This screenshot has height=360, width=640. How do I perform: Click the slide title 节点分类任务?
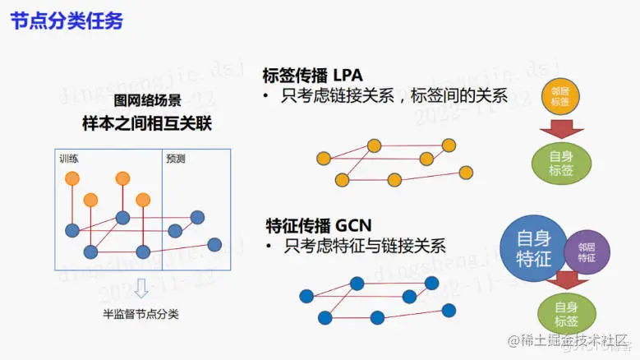[67, 21]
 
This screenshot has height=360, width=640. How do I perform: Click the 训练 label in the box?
[69, 158]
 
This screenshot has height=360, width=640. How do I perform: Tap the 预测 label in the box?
[176, 158]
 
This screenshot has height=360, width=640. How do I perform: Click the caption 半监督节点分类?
[140, 313]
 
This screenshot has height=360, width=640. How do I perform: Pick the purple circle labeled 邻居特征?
[587, 252]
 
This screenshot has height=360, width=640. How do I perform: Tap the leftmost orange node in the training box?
[72, 178]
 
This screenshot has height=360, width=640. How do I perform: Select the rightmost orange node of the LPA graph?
[466, 172]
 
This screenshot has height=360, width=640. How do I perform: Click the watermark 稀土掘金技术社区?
[568, 340]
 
